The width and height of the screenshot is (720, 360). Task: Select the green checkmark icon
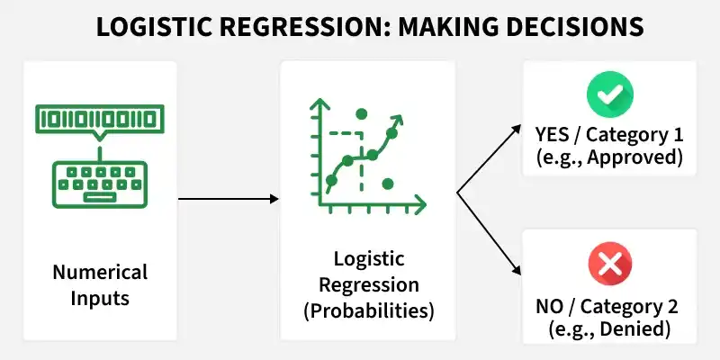tap(609, 93)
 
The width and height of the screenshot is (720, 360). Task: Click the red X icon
tap(609, 265)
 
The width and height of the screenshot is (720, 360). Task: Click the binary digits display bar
tap(99, 119)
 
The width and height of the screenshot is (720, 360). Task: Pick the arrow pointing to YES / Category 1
tap(490, 157)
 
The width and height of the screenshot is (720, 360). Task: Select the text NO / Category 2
tap(609, 308)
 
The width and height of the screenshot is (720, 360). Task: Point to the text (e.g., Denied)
tap(609, 329)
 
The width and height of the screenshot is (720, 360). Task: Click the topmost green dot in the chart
tap(362, 113)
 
